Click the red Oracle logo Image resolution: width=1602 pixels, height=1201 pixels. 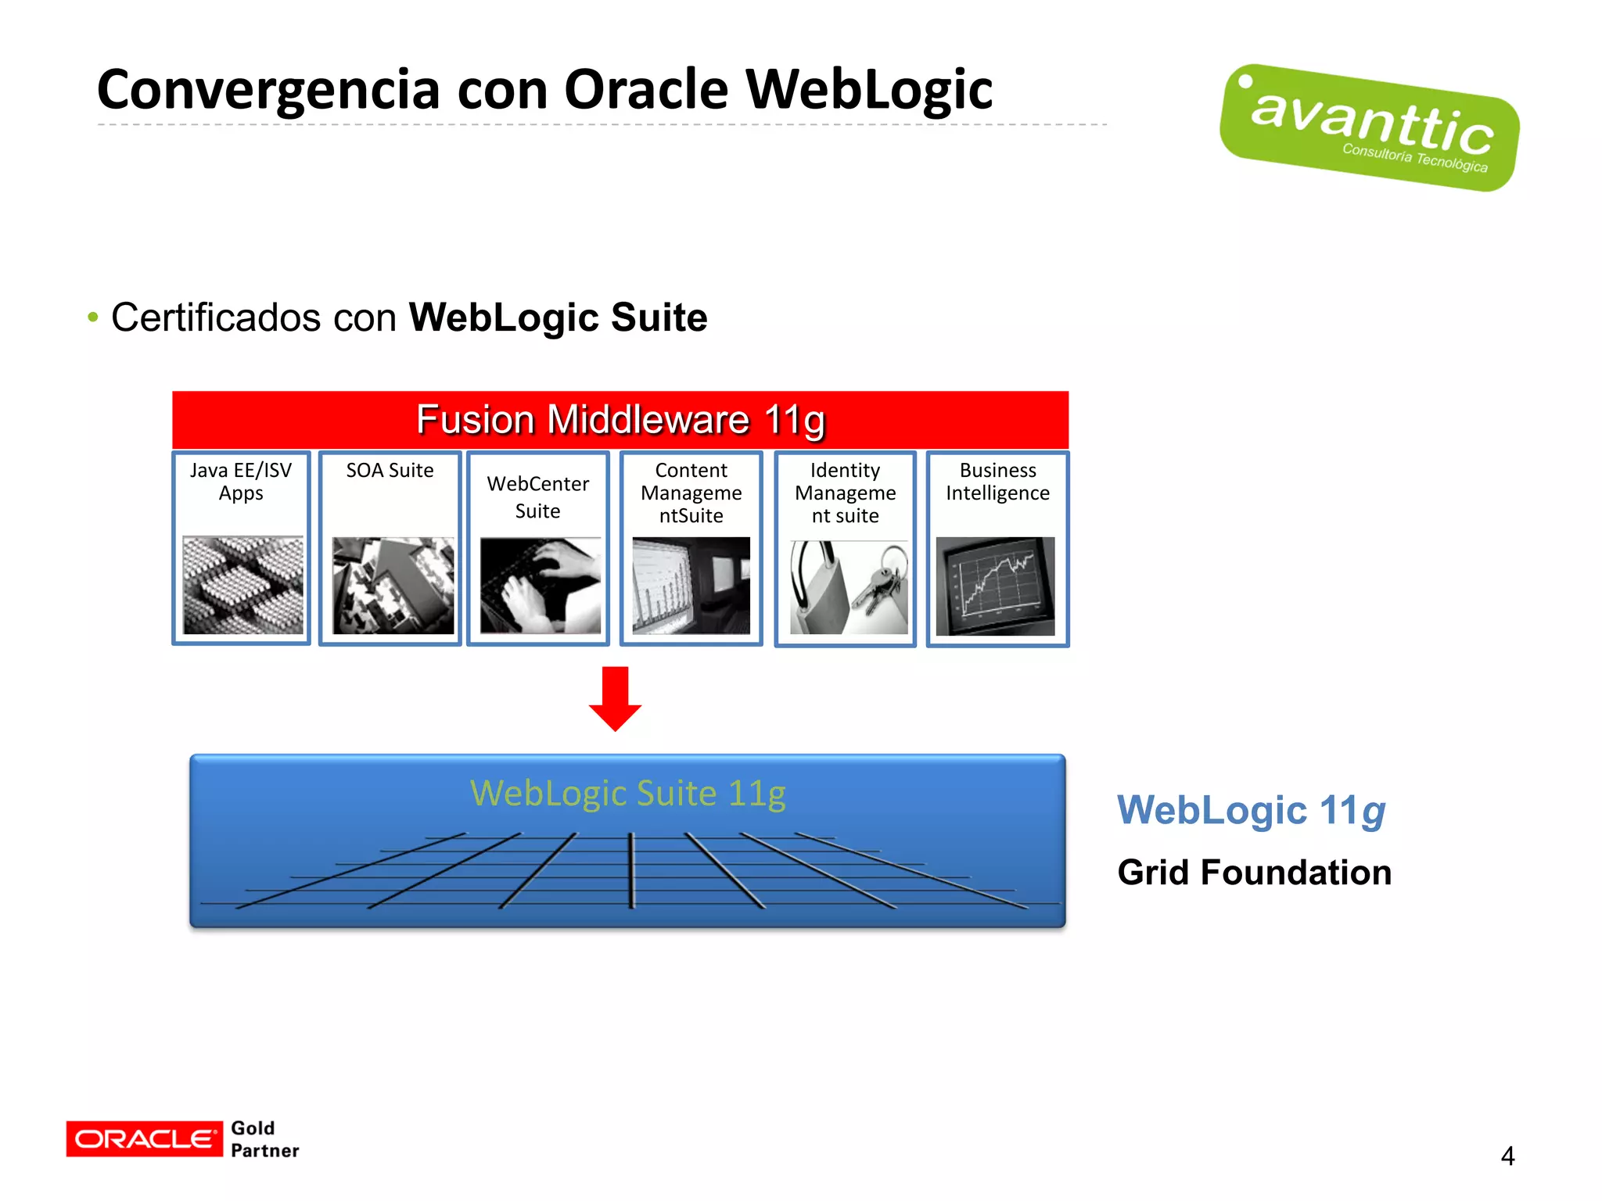point(144,1139)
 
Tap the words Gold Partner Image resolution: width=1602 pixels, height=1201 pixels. point(264,1139)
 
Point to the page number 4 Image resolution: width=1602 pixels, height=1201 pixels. point(1507,1156)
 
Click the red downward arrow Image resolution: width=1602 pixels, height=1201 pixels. point(615,697)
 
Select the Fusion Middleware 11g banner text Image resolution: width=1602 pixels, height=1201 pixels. point(620,420)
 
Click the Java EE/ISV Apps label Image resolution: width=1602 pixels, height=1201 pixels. point(241,482)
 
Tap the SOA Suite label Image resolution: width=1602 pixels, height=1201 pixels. point(390,471)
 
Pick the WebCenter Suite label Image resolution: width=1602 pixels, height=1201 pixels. point(537,497)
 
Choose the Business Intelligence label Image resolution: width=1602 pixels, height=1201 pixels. point(997,482)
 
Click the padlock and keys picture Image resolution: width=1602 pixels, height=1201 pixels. point(848,586)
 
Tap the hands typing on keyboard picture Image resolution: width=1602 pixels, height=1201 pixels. point(540,585)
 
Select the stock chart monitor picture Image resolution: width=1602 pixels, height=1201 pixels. point(995,586)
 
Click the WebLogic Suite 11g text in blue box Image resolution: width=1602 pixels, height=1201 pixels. point(627,794)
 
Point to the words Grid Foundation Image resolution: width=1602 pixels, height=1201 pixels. point(1254,873)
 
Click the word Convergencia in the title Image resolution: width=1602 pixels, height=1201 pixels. point(268,90)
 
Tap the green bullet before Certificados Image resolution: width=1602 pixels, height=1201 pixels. point(93,317)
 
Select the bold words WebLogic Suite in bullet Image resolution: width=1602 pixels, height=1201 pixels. point(558,317)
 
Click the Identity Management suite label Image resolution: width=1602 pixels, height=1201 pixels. point(845,493)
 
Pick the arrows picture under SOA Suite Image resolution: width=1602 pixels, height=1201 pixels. point(393,585)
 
